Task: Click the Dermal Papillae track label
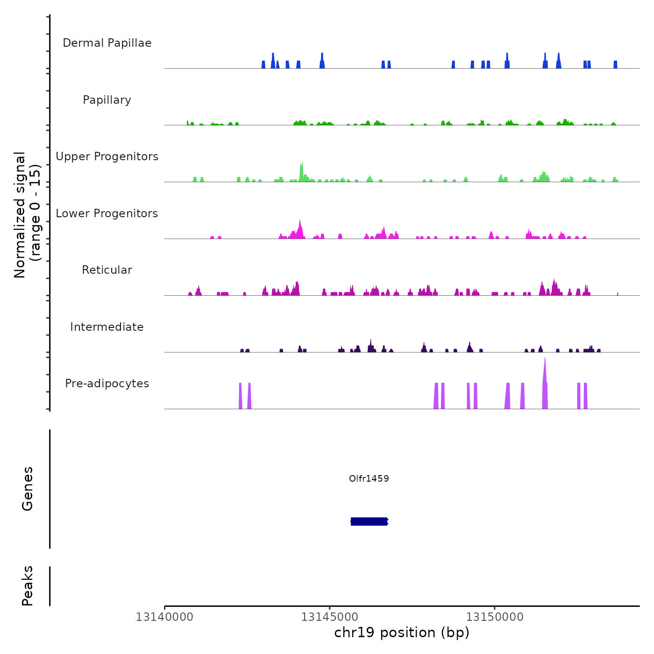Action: coord(107,43)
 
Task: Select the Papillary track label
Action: coord(107,100)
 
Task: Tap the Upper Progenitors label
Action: coord(107,156)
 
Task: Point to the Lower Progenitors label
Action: coord(107,213)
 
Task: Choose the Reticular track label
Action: coord(107,270)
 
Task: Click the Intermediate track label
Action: coord(107,327)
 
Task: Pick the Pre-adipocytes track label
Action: coord(107,384)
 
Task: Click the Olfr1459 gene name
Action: coord(369,478)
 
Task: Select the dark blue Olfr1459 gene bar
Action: coord(369,521)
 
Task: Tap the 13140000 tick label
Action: coord(164,617)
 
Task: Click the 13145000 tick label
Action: coord(330,617)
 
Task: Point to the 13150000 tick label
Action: coord(495,617)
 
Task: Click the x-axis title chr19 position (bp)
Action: coord(402,633)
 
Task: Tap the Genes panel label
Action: coord(28,489)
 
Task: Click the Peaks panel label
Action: coord(28,586)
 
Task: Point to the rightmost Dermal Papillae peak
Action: coord(615,64)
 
